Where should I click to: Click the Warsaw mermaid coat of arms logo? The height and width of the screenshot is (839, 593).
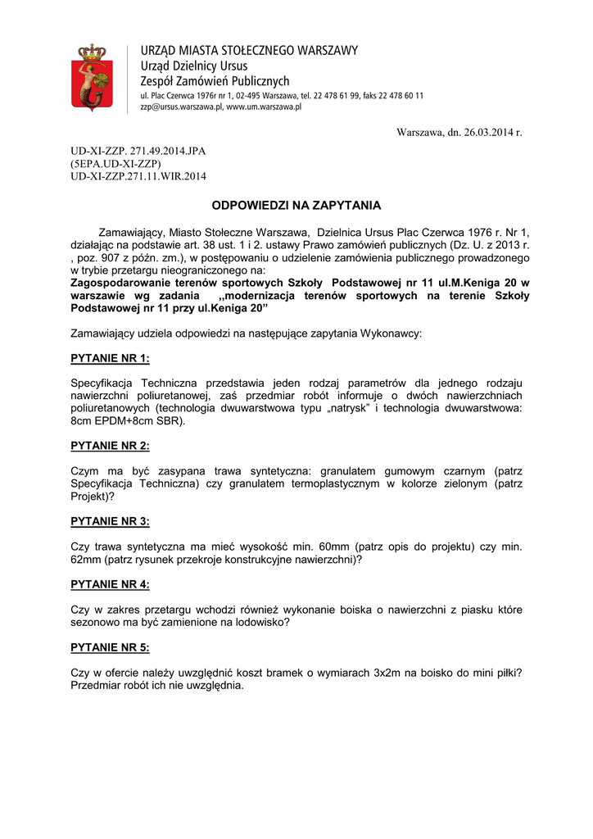pyautogui.click(x=92, y=76)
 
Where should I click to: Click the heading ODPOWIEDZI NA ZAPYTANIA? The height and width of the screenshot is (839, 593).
pyautogui.click(x=296, y=205)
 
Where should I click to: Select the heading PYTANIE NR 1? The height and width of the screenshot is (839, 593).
pyautogui.click(x=111, y=358)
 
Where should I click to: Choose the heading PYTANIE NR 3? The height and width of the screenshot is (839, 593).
pyautogui.click(x=111, y=521)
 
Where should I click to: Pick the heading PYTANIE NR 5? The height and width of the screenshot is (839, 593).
pyautogui.click(x=111, y=647)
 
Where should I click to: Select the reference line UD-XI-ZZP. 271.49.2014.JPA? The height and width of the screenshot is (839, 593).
pyautogui.click(x=138, y=152)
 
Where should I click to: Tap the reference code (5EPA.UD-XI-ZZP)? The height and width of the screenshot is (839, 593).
pyautogui.click(x=115, y=164)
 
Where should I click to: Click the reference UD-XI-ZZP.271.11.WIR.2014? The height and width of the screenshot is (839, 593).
pyautogui.click(x=138, y=176)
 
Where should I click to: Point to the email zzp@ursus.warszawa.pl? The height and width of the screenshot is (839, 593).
pyautogui.click(x=181, y=107)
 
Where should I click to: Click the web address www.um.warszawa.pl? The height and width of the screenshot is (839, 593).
pyautogui.click(x=265, y=107)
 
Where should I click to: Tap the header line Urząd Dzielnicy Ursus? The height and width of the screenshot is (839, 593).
pyautogui.click(x=194, y=66)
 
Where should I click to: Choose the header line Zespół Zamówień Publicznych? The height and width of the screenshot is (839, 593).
pyautogui.click(x=215, y=81)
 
